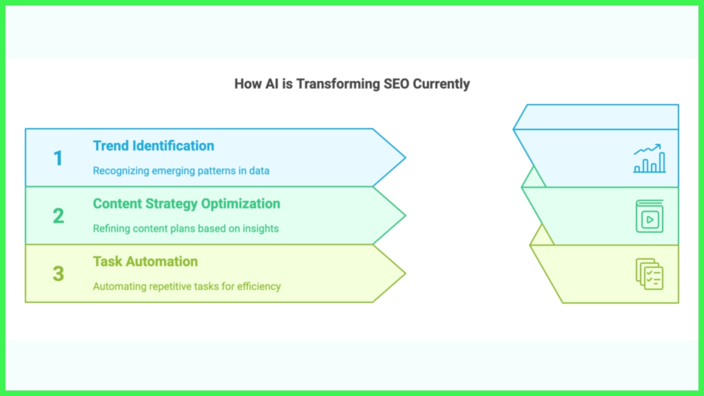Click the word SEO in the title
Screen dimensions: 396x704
pos(396,84)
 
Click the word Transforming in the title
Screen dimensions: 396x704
pos(338,84)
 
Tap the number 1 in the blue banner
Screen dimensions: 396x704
pos(58,158)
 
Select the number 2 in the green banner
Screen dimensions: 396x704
pos(58,216)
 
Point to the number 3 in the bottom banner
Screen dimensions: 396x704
pos(58,274)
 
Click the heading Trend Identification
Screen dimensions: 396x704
pos(153,146)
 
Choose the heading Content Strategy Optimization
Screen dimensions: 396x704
pos(186,203)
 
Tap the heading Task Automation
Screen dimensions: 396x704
pos(145,261)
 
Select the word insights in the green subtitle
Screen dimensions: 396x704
pos(260,228)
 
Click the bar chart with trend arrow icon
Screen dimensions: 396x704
pos(649,158)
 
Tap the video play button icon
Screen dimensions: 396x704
pos(649,216)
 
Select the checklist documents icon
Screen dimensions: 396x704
pos(649,274)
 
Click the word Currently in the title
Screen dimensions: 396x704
pos(441,84)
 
